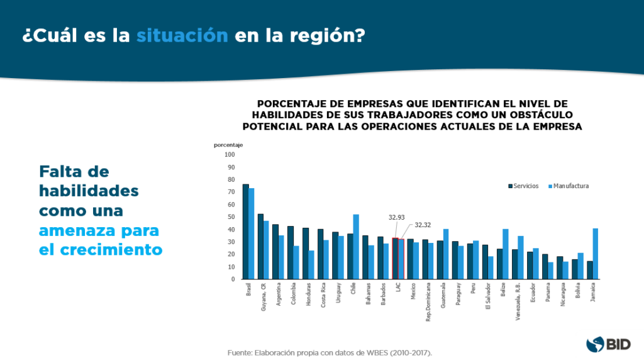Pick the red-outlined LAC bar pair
point(397,259)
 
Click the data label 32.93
point(396,217)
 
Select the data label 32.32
point(423,224)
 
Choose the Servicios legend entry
point(523,186)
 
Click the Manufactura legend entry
point(569,186)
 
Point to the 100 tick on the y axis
point(229,155)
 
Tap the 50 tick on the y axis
point(231,217)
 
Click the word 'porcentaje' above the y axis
point(228,145)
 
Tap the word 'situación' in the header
point(182,35)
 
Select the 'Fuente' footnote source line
point(330,353)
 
